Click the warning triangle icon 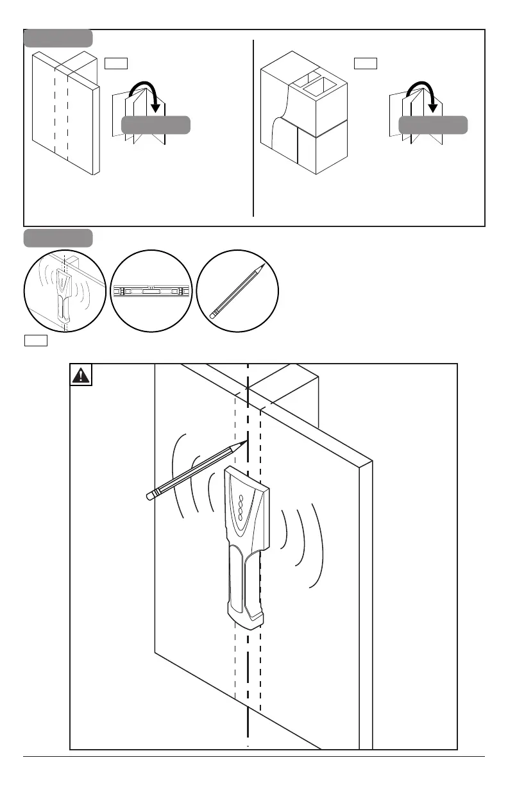[81, 376]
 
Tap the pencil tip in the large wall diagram [246, 441]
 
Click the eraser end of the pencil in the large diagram [151, 495]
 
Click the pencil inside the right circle [237, 291]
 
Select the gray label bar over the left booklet [156, 125]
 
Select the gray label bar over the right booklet [433, 125]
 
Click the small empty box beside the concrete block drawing [366, 63]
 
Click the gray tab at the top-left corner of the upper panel [58, 38]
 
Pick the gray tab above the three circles [58, 238]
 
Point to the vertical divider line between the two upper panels [254, 128]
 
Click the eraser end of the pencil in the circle [214, 315]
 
